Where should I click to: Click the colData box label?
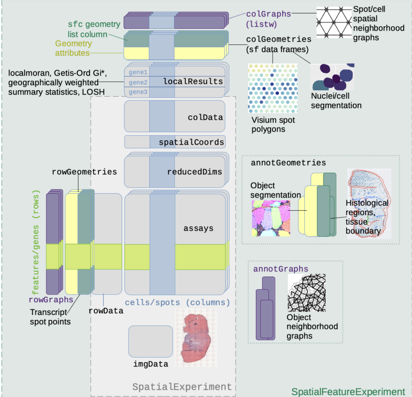click(x=205, y=117)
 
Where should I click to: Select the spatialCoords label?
click(x=191, y=142)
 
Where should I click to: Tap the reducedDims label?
click(x=194, y=172)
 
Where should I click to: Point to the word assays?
click(x=199, y=228)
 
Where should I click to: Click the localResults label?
click(x=193, y=81)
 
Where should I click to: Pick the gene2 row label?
click(x=138, y=82)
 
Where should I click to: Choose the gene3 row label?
click(x=138, y=92)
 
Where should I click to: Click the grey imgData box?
click(x=150, y=341)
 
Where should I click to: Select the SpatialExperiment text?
click(x=182, y=387)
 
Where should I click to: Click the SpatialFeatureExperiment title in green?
click(x=348, y=392)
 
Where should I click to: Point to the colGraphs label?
click(x=269, y=14)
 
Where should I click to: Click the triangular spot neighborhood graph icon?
click(x=334, y=22)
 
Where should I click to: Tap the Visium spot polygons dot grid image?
click(x=273, y=88)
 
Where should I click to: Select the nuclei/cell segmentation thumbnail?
click(x=332, y=77)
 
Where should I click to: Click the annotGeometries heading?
click(x=288, y=163)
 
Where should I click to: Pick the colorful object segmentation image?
click(x=271, y=218)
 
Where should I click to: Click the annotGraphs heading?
click(x=280, y=269)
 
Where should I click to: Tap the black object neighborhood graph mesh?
click(x=307, y=293)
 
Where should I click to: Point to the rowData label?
click(x=106, y=311)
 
